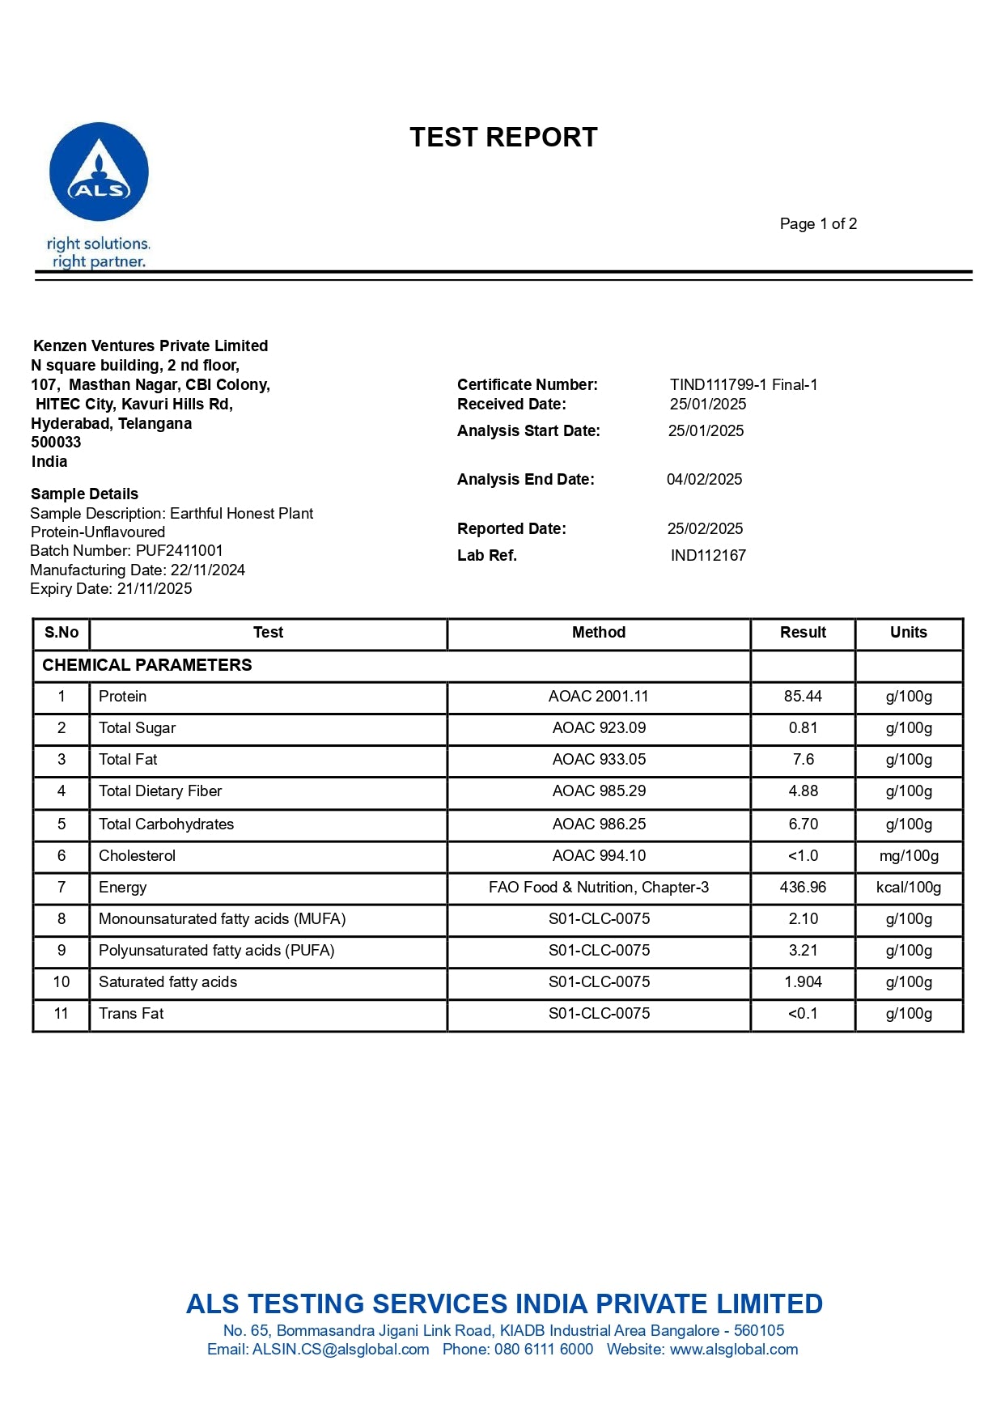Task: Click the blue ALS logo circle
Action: tap(99, 172)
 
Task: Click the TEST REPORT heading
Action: tap(503, 138)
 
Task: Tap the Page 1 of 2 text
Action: tap(818, 224)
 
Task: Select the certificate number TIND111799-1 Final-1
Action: tap(744, 385)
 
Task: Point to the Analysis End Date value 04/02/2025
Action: tap(704, 480)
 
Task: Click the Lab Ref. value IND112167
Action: tap(708, 556)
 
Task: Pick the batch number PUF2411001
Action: tap(179, 551)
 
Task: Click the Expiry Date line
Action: tap(111, 589)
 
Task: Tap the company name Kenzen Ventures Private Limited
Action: tap(151, 346)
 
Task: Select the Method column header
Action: tap(599, 633)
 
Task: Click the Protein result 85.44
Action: tap(803, 697)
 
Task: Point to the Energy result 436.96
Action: tap(803, 888)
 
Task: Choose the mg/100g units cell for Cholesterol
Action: tap(909, 856)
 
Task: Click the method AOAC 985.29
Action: tap(599, 791)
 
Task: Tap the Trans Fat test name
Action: tap(131, 1014)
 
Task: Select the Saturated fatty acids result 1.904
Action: tap(803, 982)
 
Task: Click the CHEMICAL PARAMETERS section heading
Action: tap(147, 665)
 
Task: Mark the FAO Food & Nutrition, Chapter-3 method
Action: tap(599, 888)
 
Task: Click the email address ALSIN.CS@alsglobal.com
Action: tap(341, 1350)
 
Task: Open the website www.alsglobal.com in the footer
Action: tap(733, 1350)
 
